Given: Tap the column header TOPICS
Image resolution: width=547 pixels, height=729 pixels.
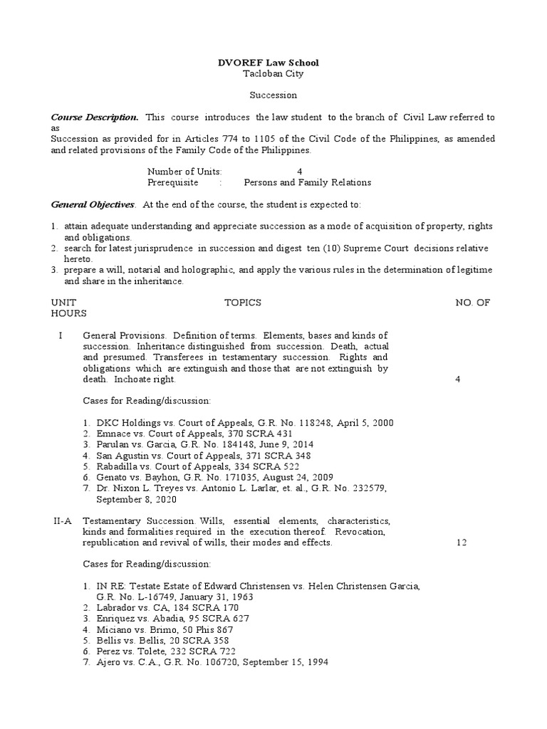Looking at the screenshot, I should click(x=243, y=303).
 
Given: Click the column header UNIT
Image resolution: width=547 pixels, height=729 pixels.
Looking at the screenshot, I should click(x=63, y=303).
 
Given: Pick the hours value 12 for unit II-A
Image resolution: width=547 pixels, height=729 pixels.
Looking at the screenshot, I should click(x=461, y=542).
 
